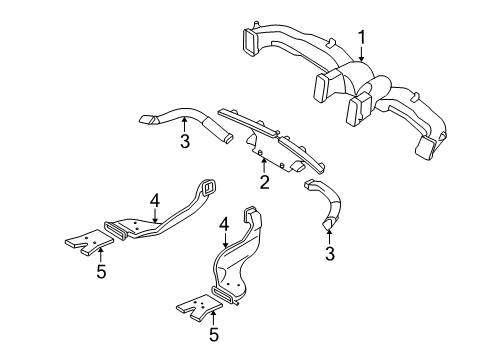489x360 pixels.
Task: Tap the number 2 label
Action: pyautogui.click(x=264, y=182)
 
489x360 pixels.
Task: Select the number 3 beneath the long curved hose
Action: pyautogui.click(x=185, y=141)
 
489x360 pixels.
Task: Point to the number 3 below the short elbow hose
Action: pyautogui.click(x=329, y=253)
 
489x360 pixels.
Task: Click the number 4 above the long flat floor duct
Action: pyautogui.click(x=155, y=201)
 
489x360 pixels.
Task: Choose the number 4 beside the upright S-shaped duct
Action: pyautogui.click(x=224, y=225)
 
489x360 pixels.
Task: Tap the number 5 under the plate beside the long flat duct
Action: pyautogui.click(x=101, y=271)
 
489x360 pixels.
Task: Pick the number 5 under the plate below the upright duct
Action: pyautogui.click(x=214, y=334)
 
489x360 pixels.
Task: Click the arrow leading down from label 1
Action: pyautogui.click(x=362, y=54)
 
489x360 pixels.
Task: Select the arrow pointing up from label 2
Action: pyautogui.click(x=264, y=166)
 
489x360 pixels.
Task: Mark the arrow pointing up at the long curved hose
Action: pyautogui.click(x=184, y=124)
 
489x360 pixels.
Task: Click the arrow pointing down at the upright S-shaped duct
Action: pyautogui.click(x=226, y=241)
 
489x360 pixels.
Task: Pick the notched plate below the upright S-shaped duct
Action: pyautogui.click(x=200, y=306)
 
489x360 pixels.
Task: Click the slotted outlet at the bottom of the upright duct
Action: pyautogui.click(x=224, y=294)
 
